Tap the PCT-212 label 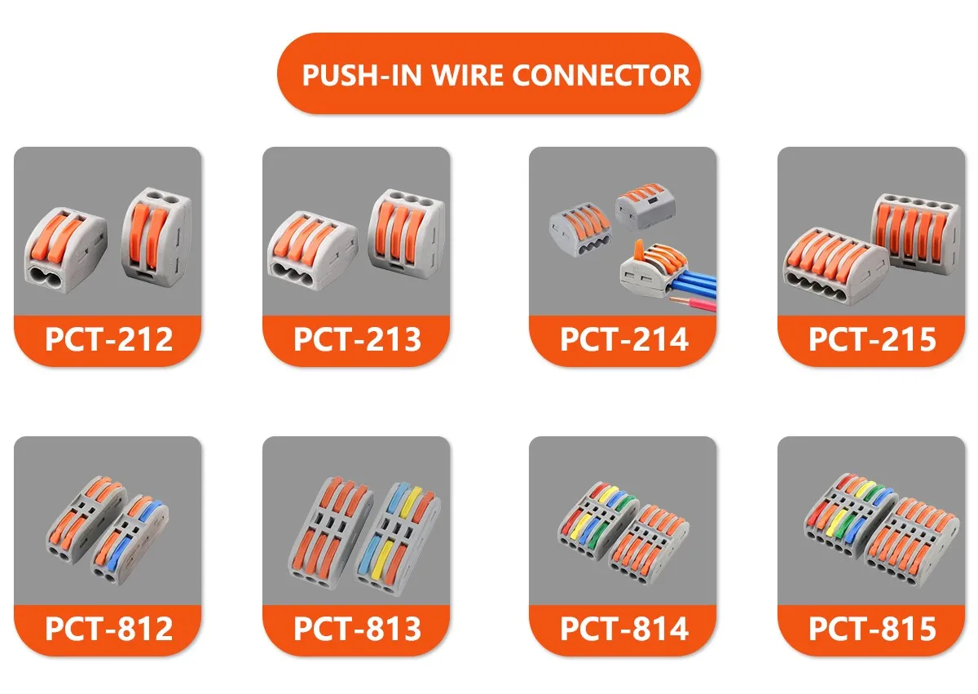tap(108, 338)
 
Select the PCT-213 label tap(357, 338)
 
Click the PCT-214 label tap(623, 338)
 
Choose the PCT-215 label tap(872, 338)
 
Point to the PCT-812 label tap(108, 628)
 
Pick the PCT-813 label tap(357, 628)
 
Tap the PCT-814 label tap(623, 628)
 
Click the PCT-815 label tap(872, 628)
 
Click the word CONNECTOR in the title tap(601, 75)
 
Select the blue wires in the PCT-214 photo tap(693, 281)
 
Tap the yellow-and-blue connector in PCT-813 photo tap(396, 534)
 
